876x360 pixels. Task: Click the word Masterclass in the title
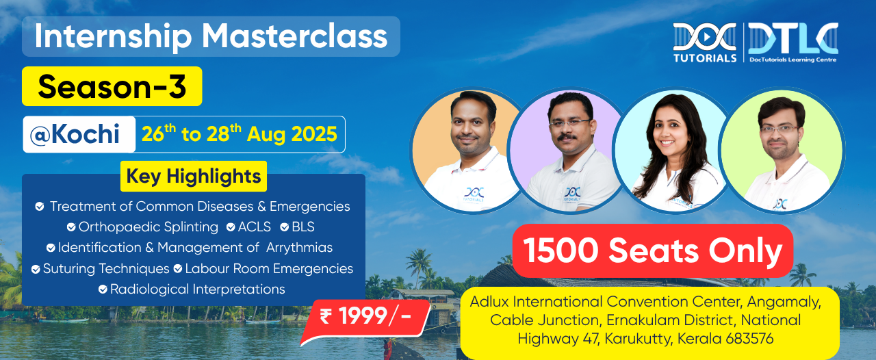294,36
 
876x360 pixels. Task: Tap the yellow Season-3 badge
112,86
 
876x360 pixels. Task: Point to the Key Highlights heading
194,176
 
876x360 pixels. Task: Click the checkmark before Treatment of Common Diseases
40,206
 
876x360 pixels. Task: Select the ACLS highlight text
254,227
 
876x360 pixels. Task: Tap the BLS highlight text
303,227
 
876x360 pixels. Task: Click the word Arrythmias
299,248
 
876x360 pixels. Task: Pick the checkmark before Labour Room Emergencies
178,269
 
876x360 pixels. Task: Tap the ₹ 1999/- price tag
365,318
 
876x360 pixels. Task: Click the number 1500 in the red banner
561,250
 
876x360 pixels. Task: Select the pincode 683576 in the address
749,339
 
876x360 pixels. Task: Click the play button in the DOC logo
705,37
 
